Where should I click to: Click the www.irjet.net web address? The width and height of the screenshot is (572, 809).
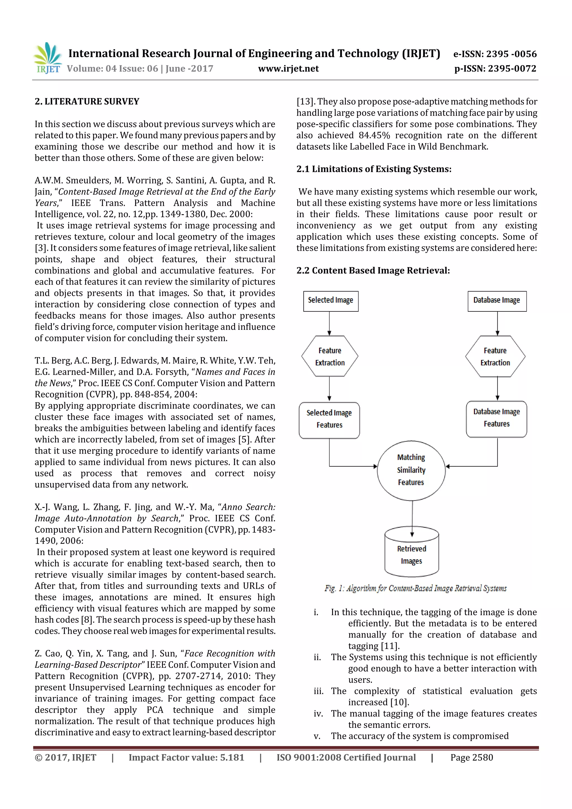pos(288,69)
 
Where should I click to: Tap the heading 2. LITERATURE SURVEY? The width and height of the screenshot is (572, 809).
pos(87,101)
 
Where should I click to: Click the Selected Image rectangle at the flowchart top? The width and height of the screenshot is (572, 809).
pos(331,301)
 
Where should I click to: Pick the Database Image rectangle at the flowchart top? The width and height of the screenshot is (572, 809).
pos(497,301)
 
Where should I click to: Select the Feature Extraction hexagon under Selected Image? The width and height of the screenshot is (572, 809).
pos(330,356)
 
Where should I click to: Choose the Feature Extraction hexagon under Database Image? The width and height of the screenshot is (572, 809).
pos(495,356)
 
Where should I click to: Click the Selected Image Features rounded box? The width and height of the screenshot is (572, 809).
pos(329,420)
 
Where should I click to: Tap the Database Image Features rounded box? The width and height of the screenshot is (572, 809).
pos(496,419)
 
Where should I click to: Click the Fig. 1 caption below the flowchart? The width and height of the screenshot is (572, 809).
pos(416,588)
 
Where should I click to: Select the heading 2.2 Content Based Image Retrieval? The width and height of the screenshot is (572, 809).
pos(373,271)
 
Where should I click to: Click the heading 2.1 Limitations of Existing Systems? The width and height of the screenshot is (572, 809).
pos(374,169)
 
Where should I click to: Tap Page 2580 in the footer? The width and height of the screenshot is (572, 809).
pos(471,758)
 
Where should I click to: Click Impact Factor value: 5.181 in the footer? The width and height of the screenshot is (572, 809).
pos(186,758)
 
